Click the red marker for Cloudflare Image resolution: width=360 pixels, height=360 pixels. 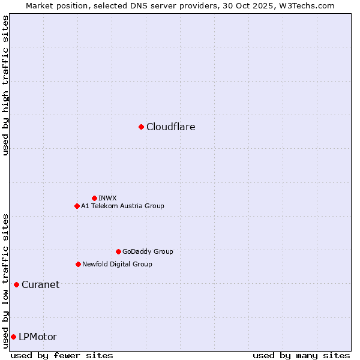(141, 127)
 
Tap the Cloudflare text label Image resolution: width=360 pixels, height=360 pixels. (171, 127)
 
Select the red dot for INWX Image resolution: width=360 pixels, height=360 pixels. (94, 198)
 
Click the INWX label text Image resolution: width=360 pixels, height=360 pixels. (108, 198)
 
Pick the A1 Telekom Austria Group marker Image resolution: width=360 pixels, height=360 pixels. (77, 206)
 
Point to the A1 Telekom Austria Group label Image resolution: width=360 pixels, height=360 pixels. (122, 206)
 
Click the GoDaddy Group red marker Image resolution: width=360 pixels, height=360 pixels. (118, 251)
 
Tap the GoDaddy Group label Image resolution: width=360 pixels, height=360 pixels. (148, 251)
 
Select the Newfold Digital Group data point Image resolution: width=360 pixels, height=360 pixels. (78, 264)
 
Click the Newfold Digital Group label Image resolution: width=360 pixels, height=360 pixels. (117, 264)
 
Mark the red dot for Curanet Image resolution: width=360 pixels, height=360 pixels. (16, 284)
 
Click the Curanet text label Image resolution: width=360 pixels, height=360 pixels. (40, 284)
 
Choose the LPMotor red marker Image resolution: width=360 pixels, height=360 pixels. (13, 337)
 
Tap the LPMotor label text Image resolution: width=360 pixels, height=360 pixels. (38, 337)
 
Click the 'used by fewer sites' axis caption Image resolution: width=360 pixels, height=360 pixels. (62, 355)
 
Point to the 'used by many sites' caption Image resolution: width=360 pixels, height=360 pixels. (301, 355)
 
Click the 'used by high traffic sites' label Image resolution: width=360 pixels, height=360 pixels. (5, 85)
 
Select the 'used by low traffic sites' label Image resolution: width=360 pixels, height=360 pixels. (5, 280)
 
